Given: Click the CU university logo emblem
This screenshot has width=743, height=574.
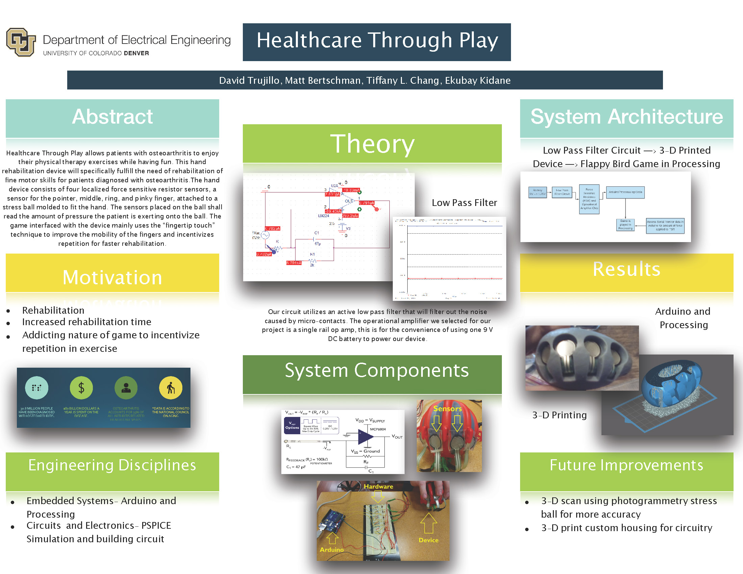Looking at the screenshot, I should point(21,42).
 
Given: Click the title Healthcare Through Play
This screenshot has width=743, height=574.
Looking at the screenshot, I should point(377,41).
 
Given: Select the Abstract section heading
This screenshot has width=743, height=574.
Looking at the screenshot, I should point(112,116).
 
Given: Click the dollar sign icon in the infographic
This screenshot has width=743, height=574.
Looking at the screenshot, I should point(81,388).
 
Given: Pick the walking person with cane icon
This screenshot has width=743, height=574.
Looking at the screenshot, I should point(171,388).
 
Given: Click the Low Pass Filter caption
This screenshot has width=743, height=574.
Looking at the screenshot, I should point(464,203).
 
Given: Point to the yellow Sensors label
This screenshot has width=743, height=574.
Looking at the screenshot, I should point(447,409).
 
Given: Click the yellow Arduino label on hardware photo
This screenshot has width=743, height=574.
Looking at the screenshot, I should point(331,549).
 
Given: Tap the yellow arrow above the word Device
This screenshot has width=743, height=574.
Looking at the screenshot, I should point(428,523).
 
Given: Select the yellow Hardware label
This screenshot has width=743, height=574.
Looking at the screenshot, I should point(378,487).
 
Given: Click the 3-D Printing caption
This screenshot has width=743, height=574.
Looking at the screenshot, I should point(559,415).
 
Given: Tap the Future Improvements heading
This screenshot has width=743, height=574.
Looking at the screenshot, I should point(626,465).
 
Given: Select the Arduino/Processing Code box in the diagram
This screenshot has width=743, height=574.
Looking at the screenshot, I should point(625,192).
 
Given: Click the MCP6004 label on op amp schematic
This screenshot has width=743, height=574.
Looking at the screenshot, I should point(378,429).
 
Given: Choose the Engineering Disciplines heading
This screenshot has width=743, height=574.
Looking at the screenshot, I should point(112,465).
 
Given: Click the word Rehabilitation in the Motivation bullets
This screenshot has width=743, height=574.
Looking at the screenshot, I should point(53,310).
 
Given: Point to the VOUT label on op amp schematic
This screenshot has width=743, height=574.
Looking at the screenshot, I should point(397,437).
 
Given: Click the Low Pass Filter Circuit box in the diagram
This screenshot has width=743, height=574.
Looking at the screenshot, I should point(562,192).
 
